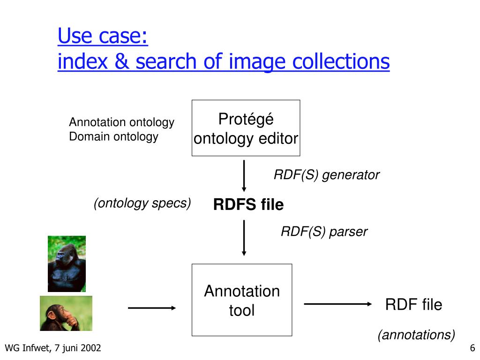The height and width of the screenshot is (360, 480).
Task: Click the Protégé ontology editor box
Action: (246, 128)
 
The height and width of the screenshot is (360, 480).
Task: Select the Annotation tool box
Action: (242, 300)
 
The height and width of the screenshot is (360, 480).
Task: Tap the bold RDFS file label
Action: (248, 205)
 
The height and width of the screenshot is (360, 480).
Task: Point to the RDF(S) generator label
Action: (326, 175)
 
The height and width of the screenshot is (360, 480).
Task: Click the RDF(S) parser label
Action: (324, 232)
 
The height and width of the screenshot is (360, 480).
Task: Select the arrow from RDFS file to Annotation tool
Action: (244, 238)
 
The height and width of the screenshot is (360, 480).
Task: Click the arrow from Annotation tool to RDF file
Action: (337, 304)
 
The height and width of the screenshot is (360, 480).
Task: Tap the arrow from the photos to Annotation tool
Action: (151, 308)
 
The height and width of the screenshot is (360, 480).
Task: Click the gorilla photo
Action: (67, 263)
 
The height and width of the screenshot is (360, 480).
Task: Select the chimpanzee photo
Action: (66, 313)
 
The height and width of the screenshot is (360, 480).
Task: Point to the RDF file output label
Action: (413, 305)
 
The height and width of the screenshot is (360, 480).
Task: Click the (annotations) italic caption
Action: (417, 335)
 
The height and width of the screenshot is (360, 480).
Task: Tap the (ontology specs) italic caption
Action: (142, 203)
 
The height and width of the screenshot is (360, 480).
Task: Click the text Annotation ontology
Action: (121, 123)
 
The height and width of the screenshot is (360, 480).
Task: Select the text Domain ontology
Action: (113, 137)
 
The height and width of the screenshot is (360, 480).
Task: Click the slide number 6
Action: (472, 348)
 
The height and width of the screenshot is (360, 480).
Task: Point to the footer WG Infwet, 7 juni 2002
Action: (52, 348)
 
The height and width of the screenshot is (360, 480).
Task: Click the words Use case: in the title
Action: (103, 37)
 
